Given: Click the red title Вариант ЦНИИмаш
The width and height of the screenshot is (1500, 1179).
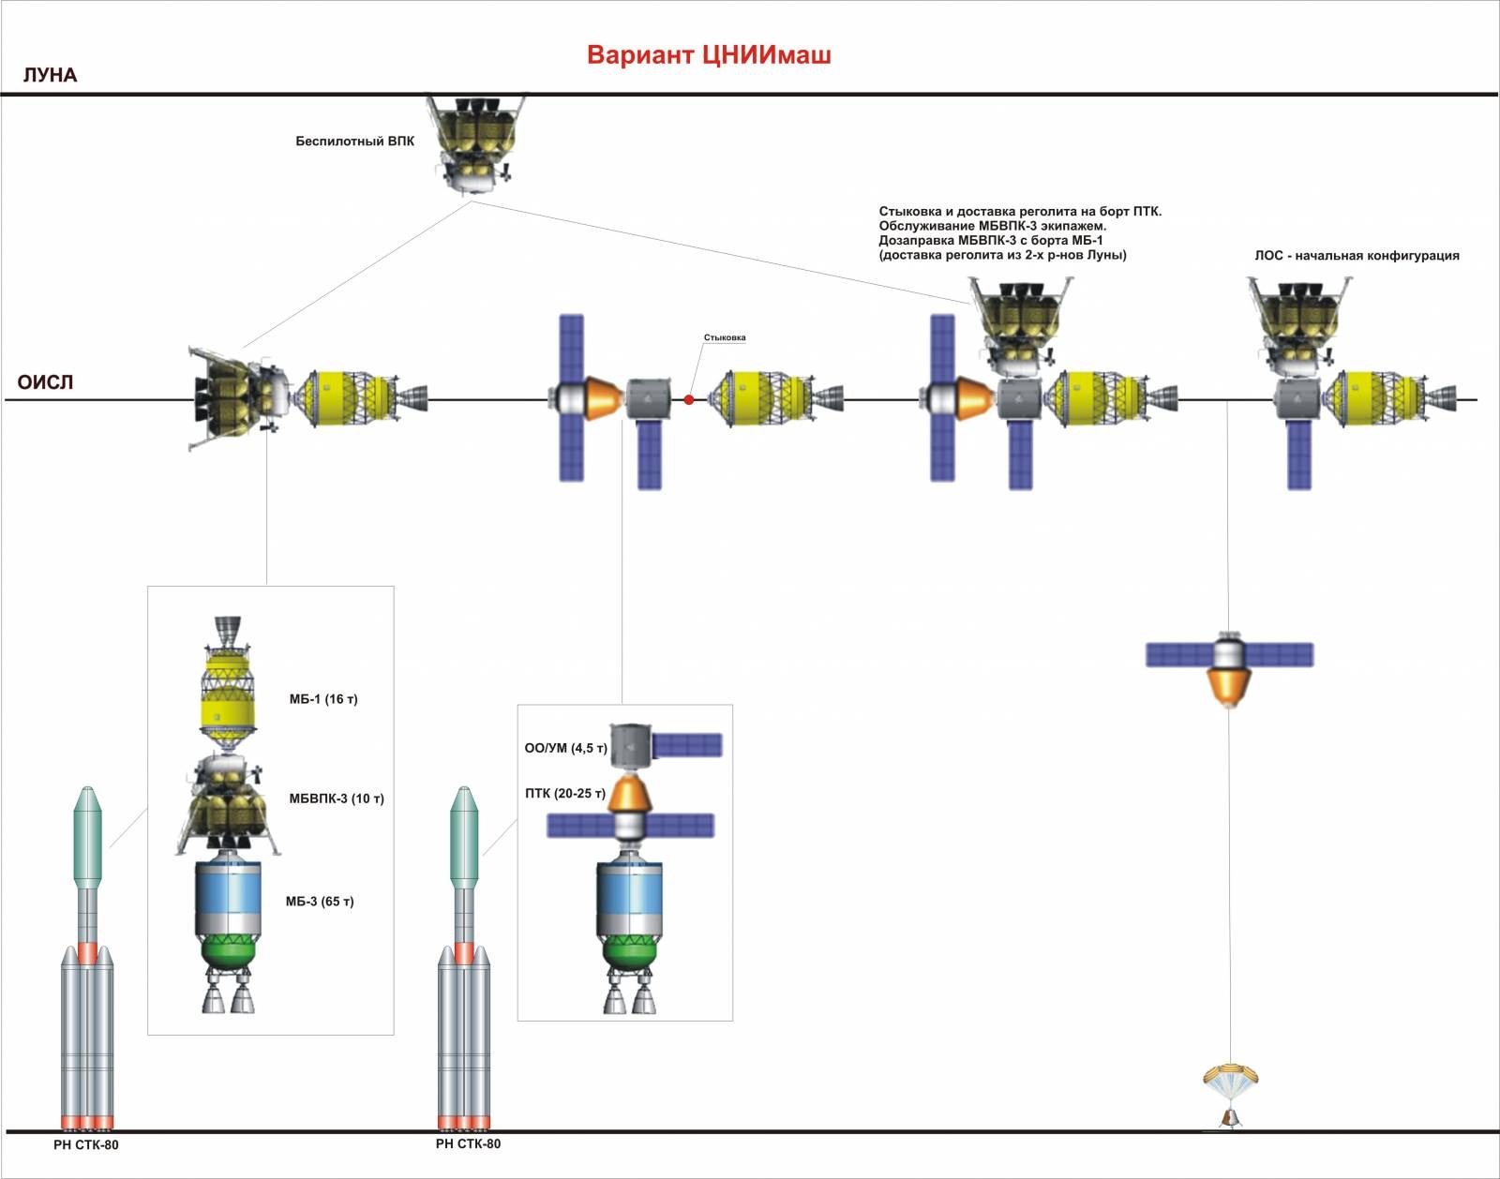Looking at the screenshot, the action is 709,54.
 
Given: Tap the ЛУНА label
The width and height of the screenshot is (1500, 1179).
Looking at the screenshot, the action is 51,75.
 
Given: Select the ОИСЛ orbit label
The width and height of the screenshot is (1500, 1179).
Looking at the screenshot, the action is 45,381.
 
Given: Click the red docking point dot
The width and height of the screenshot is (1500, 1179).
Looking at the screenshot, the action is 689,400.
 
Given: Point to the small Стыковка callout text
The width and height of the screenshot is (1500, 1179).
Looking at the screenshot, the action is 724,337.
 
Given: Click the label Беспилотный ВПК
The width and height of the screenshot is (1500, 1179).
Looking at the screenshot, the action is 354,142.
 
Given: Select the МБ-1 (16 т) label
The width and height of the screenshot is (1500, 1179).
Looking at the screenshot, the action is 323,699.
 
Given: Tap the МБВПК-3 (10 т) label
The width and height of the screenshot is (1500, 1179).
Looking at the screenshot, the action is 337,798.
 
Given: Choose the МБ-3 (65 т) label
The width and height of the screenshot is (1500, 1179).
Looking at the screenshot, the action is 320,901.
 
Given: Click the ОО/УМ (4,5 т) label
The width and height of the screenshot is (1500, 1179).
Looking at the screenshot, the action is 566,749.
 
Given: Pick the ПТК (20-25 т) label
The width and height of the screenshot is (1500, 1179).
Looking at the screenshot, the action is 565,794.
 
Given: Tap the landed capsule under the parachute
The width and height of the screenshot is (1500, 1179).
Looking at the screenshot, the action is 1231,1119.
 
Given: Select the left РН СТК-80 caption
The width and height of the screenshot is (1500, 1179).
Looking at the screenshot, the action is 85,1145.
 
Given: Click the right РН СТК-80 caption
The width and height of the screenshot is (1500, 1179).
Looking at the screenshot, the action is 468,1143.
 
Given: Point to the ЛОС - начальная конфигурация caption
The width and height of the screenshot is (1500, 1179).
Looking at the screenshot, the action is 1357,256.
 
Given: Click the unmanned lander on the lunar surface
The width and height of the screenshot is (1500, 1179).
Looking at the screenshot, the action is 475,145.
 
